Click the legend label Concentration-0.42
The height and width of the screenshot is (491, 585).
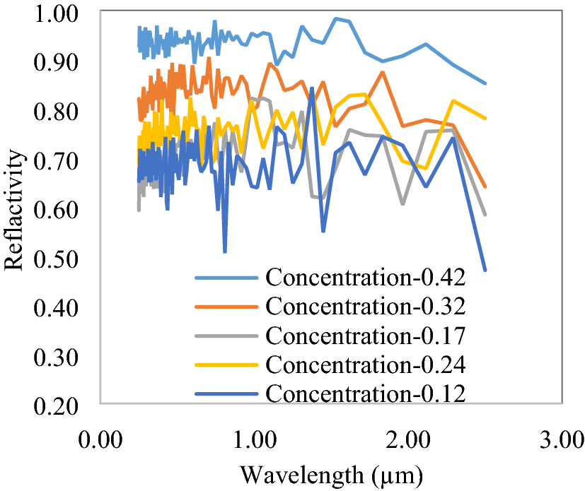(366, 278)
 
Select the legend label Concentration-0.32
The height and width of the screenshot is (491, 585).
(366, 307)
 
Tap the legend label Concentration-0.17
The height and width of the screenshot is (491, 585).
(366, 336)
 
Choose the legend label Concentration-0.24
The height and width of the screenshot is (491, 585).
(366, 365)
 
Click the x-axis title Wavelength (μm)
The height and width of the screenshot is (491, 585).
(331, 472)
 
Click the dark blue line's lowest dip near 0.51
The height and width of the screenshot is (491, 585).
(225, 252)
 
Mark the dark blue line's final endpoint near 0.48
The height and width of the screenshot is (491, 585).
(485, 270)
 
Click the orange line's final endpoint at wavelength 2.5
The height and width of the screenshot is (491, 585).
(485, 187)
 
